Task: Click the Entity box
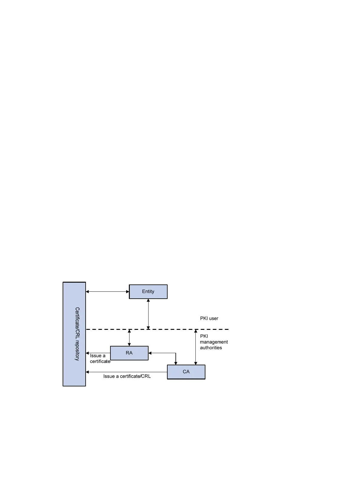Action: point(148,291)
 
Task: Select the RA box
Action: point(129,353)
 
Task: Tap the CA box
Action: point(186,372)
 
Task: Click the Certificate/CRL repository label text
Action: point(77,334)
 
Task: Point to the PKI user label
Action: point(209,318)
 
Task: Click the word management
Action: point(214,342)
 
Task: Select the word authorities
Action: point(211,348)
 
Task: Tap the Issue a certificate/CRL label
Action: point(127,376)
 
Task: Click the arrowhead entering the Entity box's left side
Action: point(128,292)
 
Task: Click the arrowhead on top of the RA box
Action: point(129,344)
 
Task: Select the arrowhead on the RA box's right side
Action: point(150,353)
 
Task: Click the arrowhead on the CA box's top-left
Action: point(176,363)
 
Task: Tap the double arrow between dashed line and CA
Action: point(196,347)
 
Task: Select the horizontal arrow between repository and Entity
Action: point(107,292)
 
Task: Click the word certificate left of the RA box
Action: point(100,361)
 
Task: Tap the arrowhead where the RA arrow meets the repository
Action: point(87,353)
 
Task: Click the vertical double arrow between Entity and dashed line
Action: point(148,314)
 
